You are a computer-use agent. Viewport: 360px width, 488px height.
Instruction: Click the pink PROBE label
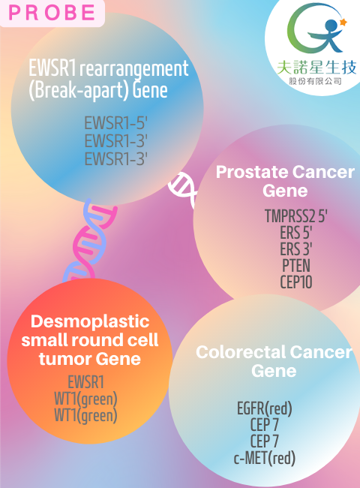(x=52, y=13)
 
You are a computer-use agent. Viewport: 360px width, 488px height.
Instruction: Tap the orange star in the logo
(x=343, y=22)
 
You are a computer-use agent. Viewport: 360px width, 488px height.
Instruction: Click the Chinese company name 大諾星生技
(x=316, y=68)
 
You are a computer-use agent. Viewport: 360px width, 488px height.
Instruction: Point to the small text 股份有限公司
(x=315, y=82)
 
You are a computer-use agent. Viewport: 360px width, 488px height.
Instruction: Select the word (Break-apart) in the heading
(x=79, y=90)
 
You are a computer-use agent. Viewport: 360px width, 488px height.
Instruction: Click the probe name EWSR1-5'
(x=115, y=123)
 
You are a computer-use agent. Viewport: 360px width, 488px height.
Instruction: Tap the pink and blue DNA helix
(x=88, y=240)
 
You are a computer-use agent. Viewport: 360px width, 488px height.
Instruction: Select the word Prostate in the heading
(x=252, y=172)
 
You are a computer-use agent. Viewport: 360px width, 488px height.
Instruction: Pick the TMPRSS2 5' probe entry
(x=295, y=215)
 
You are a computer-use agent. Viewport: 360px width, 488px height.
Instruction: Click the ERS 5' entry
(x=295, y=232)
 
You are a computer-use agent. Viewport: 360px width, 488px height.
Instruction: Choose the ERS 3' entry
(x=295, y=249)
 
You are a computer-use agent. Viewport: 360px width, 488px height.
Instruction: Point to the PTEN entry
(x=296, y=266)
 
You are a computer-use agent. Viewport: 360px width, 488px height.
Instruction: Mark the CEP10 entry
(x=296, y=282)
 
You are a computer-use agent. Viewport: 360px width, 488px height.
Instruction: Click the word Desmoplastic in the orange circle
(x=90, y=322)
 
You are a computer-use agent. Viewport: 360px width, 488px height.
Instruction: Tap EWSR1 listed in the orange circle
(x=85, y=382)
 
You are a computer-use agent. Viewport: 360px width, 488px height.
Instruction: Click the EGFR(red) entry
(x=265, y=408)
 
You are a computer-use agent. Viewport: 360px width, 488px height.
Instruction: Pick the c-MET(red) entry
(x=265, y=457)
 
